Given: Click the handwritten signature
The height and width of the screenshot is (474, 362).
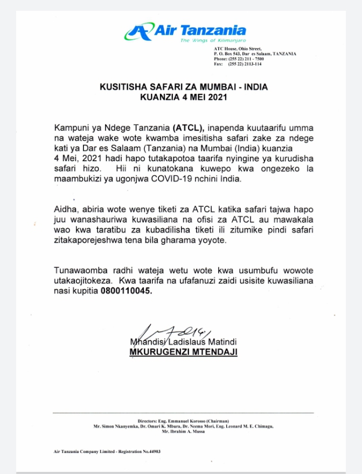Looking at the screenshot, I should click(169, 333).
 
